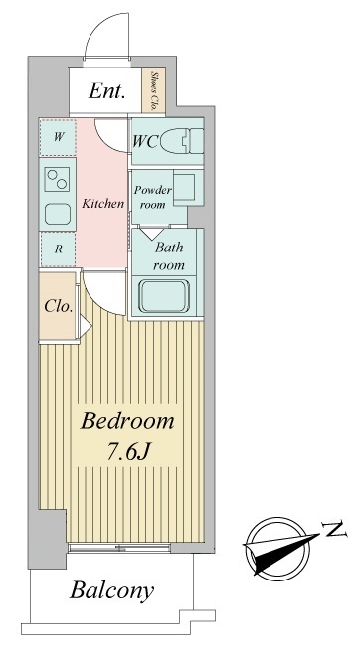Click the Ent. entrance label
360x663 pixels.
[106, 90]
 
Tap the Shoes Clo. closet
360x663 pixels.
[153, 90]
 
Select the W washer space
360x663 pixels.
[58, 137]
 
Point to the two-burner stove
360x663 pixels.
[57, 179]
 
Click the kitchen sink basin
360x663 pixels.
[58, 215]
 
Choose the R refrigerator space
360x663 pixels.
[58, 249]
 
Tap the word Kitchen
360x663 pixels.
[102, 204]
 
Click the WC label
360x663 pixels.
[145, 142]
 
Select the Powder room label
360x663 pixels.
[153, 197]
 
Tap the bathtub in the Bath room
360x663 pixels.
[164, 296]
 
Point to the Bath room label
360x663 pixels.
[169, 256]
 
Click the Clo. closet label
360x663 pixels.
[59, 306]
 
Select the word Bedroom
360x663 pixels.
[127, 421]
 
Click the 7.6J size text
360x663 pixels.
[128, 452]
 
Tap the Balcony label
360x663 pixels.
[111, 591]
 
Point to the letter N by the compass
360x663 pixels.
[334, 529]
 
